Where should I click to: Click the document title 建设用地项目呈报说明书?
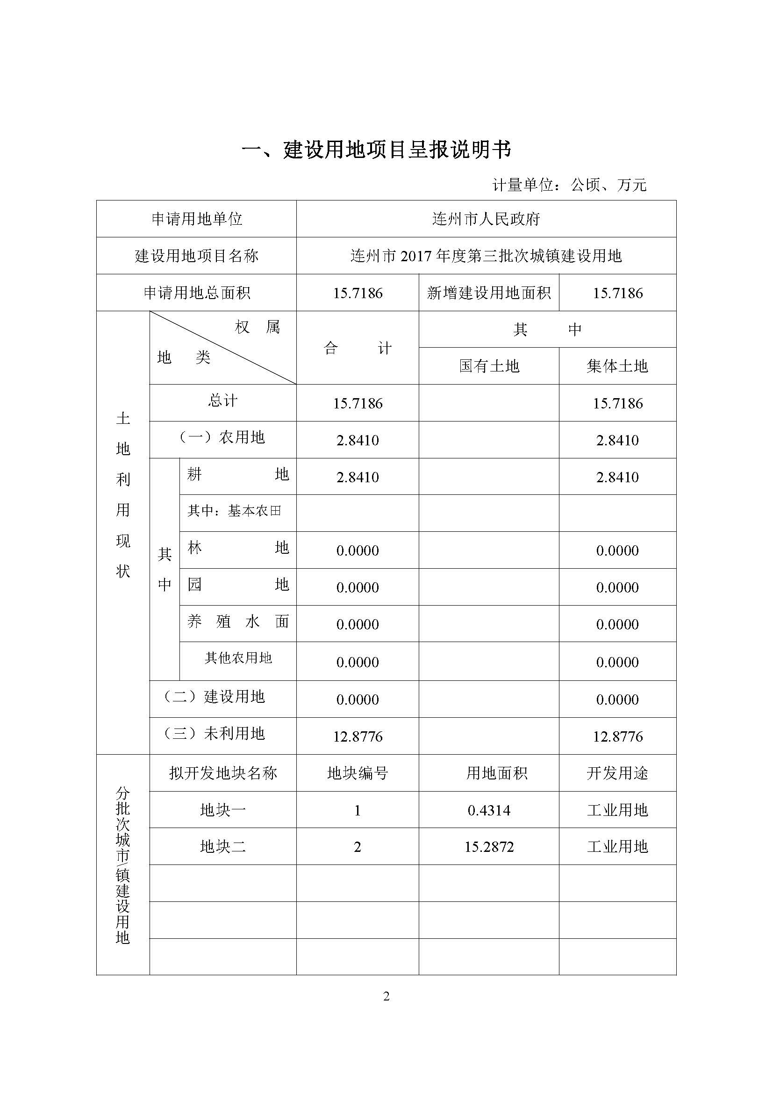(x=376, y=150)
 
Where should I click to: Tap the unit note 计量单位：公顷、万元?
(x=569, y=185)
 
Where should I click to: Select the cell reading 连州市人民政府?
(x=486, y=219)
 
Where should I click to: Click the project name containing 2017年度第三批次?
(x=486, y=256)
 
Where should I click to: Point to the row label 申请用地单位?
(x=197, y=219)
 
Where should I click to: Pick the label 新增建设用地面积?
(x=489, y=293)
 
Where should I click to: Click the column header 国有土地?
(x=489, y=366)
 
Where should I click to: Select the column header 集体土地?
(x=617, y=366)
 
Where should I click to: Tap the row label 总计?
(x=223, y=400)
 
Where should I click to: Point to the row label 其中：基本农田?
(x=234, y=511)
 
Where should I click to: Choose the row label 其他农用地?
(x=238, y=658)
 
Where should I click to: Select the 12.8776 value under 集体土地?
(x=617, y=736)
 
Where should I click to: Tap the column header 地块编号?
(x=358, y=773)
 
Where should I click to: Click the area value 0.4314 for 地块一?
(x=489, y=810)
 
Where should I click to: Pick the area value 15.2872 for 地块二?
(x=489, y=847)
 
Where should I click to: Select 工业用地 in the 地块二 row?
(x=617, y=847)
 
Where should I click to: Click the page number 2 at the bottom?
(x=386, y=996)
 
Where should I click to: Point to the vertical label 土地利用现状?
(x=123, y=495)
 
